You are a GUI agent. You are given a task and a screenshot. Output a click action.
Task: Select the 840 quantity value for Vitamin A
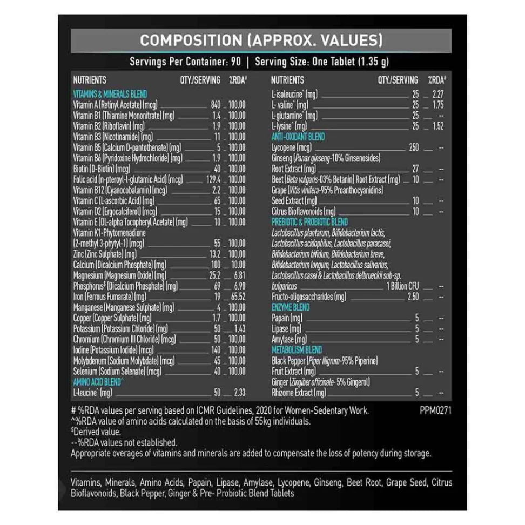click(216, 105)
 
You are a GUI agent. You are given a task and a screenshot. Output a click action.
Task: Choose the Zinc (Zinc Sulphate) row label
click(105, 254)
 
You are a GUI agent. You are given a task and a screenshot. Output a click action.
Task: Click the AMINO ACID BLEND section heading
click(98, 382)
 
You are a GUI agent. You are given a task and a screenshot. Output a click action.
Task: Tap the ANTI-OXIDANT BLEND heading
click(298, 137)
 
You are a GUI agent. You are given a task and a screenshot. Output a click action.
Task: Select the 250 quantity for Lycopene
click(414, 147)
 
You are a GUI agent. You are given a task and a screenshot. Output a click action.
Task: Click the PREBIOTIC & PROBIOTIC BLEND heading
click(309, 222)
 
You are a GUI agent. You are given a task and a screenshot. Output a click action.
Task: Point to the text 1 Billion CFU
click(402, 286)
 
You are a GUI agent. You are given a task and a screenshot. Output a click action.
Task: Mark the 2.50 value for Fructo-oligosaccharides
click(413, 297)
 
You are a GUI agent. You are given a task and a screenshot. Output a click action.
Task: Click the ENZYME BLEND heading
click(290, 307)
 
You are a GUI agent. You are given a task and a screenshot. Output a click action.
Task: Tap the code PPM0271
click(435, 410)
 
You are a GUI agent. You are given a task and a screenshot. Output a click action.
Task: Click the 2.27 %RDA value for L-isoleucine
click(438, 95)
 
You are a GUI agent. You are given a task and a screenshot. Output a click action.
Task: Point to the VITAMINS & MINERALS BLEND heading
click(110, 94)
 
